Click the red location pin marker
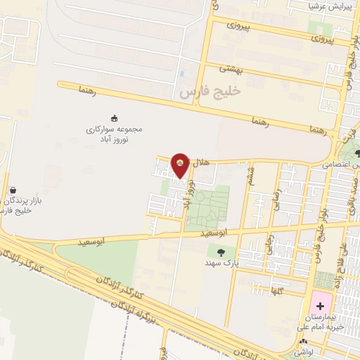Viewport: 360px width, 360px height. pyautogui.click(x=181, y=165)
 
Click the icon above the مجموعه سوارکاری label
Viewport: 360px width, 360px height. pyautogui.click(x=115, y=117)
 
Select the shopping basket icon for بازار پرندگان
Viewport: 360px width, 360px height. pyautogui.click(x=13, y=190)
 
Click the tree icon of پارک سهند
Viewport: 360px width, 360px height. pyautogui.click(x=221, y=251)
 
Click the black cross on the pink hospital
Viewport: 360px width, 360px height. pyautogui.click(x=321, y=306)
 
